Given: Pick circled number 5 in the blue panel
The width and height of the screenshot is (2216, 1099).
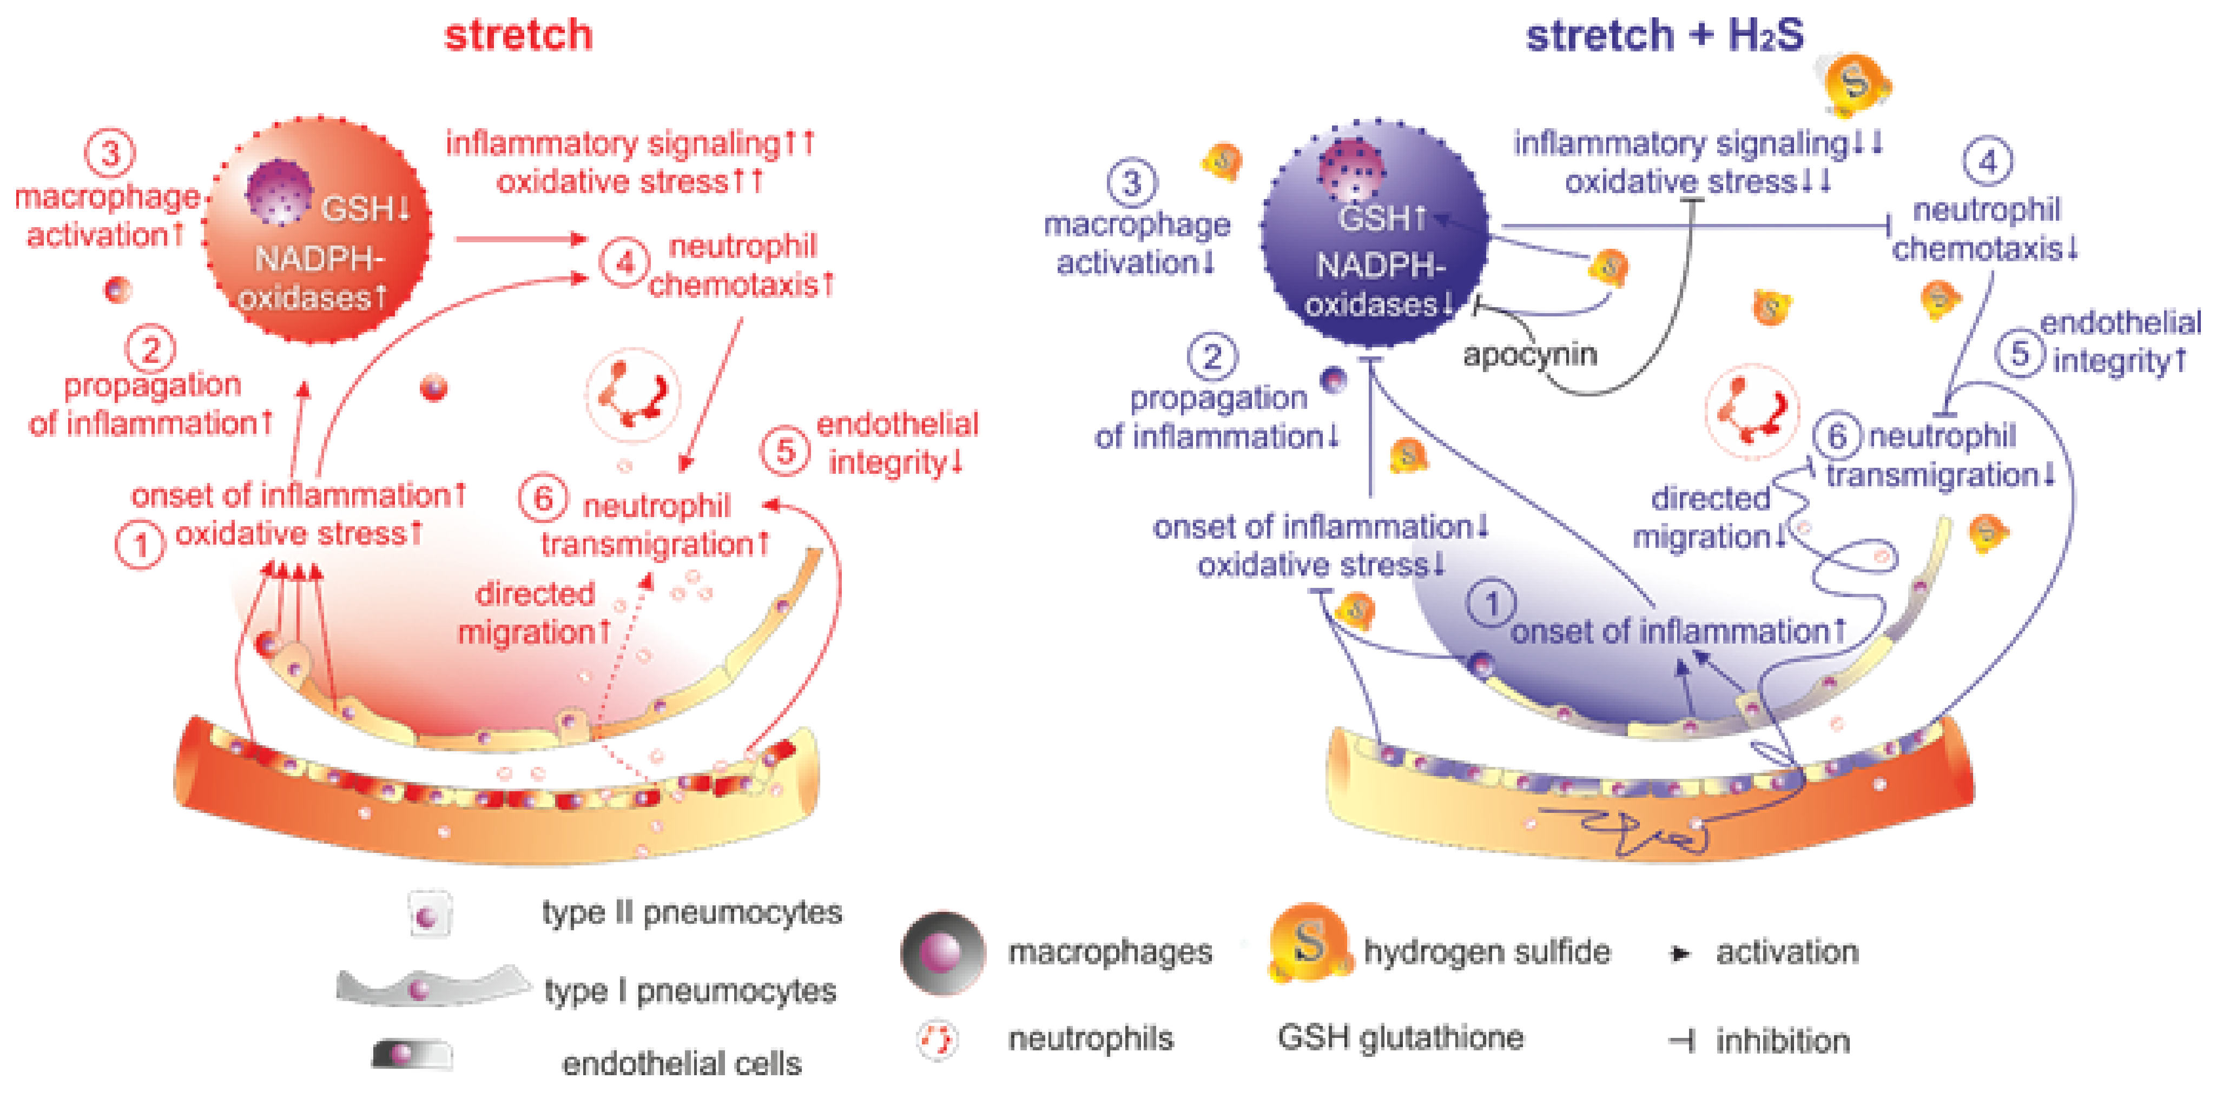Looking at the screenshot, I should pos(2019,353).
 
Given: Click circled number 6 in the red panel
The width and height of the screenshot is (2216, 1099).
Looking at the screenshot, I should pos(543,499).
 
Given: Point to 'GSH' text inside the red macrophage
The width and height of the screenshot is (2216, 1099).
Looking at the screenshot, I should pos(365,209).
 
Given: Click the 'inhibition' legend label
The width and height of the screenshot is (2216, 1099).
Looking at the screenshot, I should pos(1783,1041).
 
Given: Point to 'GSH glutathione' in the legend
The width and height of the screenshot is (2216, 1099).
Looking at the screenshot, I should pos(1401,1038).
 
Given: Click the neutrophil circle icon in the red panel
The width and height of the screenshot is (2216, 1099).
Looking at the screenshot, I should pos(633,395).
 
